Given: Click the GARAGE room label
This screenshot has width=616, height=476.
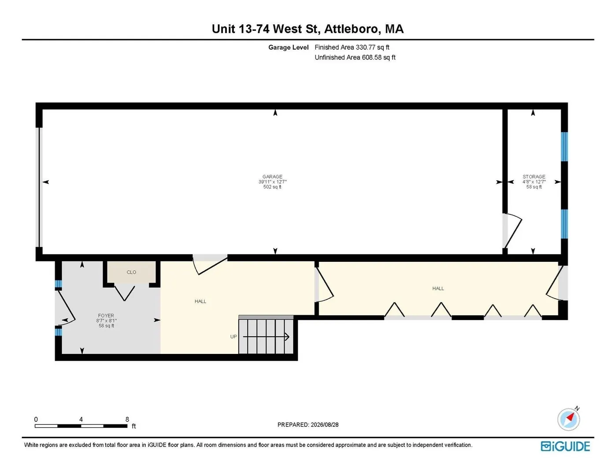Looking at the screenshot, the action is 272,177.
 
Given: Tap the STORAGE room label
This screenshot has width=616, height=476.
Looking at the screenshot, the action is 534,177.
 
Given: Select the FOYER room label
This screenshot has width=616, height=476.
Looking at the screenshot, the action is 106,316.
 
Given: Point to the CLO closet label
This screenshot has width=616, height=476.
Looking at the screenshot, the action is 131,272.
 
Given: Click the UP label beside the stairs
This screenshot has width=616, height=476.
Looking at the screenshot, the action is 233,337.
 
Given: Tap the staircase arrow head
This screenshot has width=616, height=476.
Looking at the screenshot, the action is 287,337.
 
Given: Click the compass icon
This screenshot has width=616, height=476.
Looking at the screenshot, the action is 568,419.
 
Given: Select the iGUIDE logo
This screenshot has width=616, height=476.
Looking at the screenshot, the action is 565,446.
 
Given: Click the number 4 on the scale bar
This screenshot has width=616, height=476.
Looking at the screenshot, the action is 81,419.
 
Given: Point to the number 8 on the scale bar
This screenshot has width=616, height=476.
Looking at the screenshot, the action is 127,419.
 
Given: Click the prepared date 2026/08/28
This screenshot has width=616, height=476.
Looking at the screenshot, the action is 324,425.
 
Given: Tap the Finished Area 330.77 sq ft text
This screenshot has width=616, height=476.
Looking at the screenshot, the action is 352,47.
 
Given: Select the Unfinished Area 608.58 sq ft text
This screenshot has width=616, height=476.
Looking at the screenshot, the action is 355,57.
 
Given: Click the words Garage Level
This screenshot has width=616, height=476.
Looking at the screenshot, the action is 288,47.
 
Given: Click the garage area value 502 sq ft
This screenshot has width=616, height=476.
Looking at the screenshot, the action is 272,187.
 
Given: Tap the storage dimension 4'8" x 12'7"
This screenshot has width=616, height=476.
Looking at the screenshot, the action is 534,182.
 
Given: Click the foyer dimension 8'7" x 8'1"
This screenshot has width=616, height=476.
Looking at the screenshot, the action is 106,321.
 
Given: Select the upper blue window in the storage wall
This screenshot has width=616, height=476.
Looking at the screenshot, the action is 564,147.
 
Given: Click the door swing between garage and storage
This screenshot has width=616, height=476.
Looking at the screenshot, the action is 512,231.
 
